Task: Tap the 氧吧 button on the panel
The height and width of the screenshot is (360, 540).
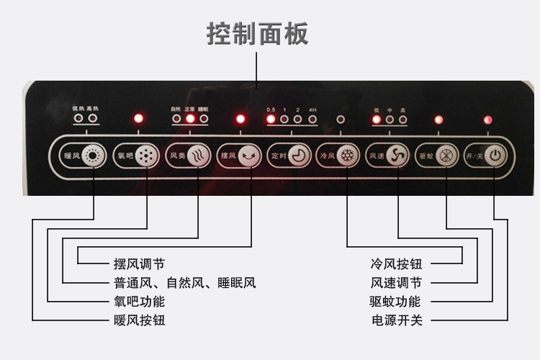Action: point(135,155)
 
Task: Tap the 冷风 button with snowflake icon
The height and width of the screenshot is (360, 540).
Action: point(338,155)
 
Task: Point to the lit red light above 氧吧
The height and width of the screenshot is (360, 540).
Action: point(139,118)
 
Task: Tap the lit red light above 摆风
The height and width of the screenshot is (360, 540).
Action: point(240,118)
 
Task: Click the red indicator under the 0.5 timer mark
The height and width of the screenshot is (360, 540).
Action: point(271,119)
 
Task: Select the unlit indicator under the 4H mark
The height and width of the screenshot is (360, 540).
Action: point(312,119)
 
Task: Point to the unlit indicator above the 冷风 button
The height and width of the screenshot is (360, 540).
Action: point(341,119)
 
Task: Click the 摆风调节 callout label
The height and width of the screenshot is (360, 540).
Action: point(144,264)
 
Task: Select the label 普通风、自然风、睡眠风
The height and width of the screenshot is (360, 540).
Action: point(184,282)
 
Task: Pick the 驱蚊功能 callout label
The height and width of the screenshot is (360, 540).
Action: point(396,301)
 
